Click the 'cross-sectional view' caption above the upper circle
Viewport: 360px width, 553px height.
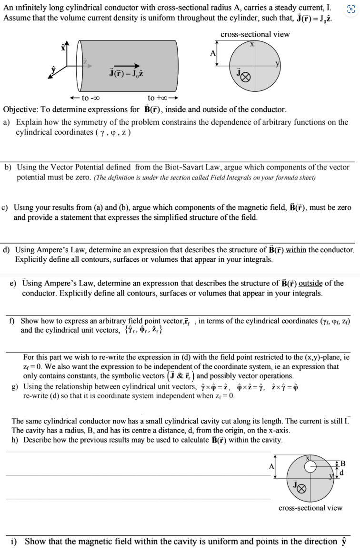255,34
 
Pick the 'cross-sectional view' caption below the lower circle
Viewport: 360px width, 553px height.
310,508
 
